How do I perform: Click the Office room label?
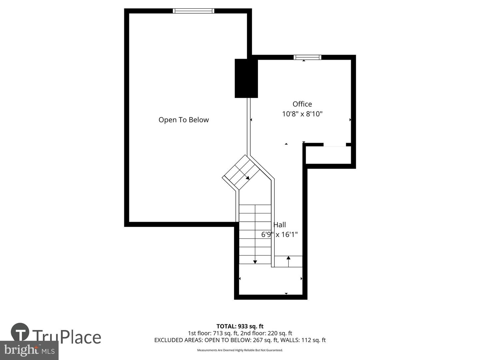pyautogui.click(x=302, y=104)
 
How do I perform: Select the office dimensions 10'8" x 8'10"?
pyautogui.click(x=302, y=114)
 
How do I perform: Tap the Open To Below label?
pyautogui.click(x=183, y=120)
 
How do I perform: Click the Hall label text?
pyautogui.click(x=280, y=225)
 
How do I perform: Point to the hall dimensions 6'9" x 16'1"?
pyautogui.click(x=279, y=235)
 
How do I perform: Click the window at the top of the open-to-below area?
pyautogui.click(x=193, y=11)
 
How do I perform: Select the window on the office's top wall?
pyautogui.click(x=307, y=57)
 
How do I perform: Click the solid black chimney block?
pyautogui.click(x=246, y=78)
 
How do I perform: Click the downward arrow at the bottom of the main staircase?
pyautogui.click(x=255, y=261)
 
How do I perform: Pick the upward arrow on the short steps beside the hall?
pyautogui.click(x=288, y=258)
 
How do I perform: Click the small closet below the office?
pyautogui.click(x=328, y=155)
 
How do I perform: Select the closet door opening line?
pyautogui.click(x=335, y=146)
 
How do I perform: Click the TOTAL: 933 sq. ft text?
pyautogui.click(x=240, y=326)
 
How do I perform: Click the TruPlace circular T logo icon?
pyautogui.click(x=20, y=332)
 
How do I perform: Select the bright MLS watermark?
pyautogui.click(x=29, y=350)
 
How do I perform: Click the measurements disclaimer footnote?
pyautogui.click(x=240, y=350)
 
